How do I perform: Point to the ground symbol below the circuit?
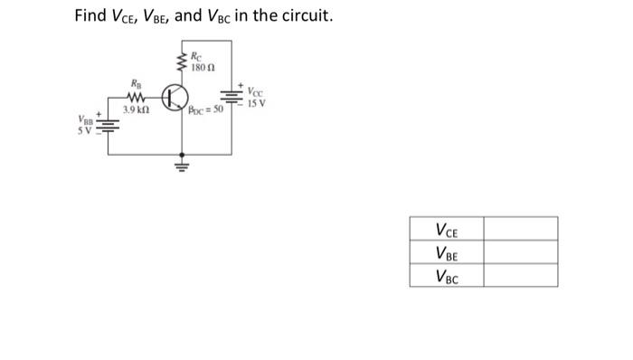(x=181, y=166)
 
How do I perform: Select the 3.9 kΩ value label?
(x=137, y=110)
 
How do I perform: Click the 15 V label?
(x=255, y=102)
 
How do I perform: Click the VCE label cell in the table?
(x=446, y=229)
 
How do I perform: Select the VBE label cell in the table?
(x=446, y=252)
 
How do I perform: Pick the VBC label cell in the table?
(x=446, y=275)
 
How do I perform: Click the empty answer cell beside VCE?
(x=520, y=229)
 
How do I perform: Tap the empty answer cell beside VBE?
(x=520, y=252)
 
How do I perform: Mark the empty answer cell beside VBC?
(x=520, y=275)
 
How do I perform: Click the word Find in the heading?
(x=91, y=15)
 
